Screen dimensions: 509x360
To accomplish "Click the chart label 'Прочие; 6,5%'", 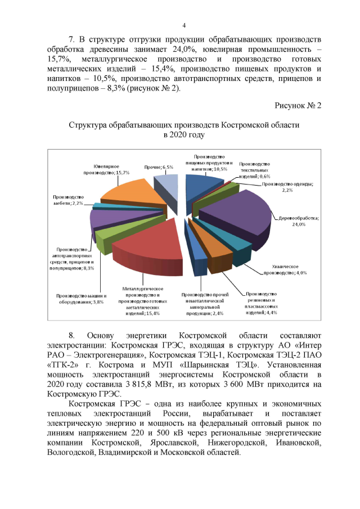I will coord(158,167).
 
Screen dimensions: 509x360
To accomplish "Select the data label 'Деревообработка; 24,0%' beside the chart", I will coord(299,220).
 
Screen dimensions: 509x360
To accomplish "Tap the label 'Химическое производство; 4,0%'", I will coord(286,269).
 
